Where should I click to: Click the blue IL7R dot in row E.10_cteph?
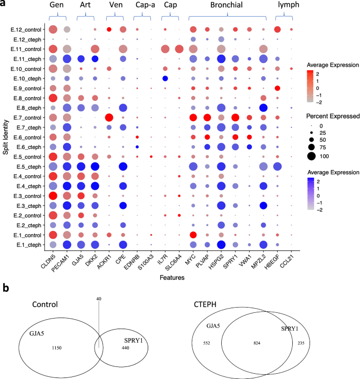click(x=165, y=78)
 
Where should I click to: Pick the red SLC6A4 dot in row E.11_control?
click(x=179, y=49)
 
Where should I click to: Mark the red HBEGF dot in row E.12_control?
click(x=277, y=29)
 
